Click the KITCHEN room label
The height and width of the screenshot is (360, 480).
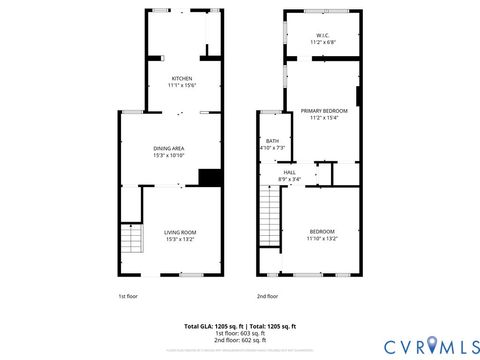point(182,79)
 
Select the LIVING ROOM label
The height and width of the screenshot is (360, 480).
point(180,232)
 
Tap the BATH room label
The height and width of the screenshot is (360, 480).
point(272,141)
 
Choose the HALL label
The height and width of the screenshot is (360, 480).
point(290,172)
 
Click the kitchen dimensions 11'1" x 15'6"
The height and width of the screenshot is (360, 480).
point(182,86)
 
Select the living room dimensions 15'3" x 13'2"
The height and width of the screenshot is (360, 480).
point(180,239)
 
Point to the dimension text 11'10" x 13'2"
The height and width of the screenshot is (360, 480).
point(322,239)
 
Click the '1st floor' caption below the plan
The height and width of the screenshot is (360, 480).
point(129,297)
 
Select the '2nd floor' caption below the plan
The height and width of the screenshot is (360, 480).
point(267,297)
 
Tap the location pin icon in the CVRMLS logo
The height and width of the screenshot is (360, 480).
point(431,345)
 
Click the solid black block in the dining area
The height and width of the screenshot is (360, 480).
point(209,178)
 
